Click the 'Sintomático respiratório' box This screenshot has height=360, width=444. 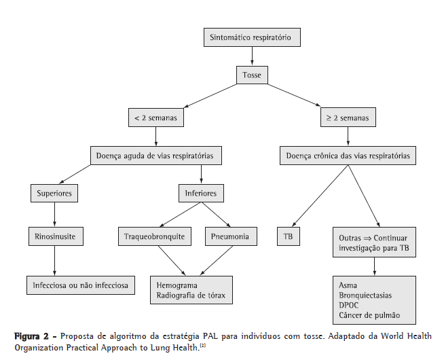pos(251,38)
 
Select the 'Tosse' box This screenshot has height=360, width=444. pos(251,75)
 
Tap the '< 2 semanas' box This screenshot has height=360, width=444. pos(155,118)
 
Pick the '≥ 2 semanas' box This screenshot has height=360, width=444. pos(348,118)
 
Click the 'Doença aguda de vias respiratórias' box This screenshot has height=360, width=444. pos(156,156)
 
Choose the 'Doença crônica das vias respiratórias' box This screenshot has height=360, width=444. pos(348,156)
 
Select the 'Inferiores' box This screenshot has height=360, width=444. pos(200,194)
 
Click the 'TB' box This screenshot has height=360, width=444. pos(289,237)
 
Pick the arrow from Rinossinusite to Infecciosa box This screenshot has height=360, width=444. pos(55,259)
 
